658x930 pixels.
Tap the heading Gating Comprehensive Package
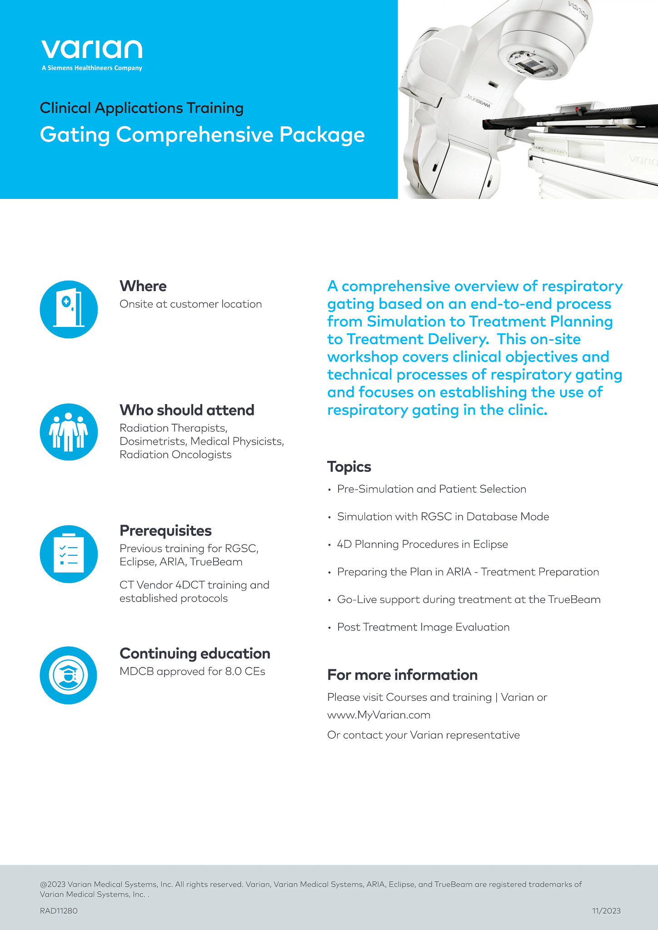pyautogui.click(x=202, y=135)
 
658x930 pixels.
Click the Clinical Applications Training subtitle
pyautogui.click(x=142, y=108)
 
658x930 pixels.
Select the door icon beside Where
pyautogui.click(x=69, y=309)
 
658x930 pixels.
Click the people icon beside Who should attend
pyautogui.click(x=69, y=432)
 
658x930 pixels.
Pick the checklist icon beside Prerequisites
pyautogui.click(x=69, y=554)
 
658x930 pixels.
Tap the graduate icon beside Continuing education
pyautogui.click(x=69, y=675)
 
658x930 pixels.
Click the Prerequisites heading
pyautogui.click(x=165, y=531)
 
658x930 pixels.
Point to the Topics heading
pyautogui.click(x=349, y=467)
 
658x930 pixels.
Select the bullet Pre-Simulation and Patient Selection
pyautogui.click(x=431, y=489)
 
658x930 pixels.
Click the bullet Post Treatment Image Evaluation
pyautogui.click(x=423, y=627)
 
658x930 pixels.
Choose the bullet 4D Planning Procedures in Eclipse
pyautogui.click(x=422, y=544)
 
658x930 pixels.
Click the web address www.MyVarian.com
pyautogui.click(x=379, y=715)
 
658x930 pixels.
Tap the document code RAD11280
pyautogui.click(x=59, y=910)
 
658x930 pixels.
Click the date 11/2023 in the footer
pyautogui.click(x=606, y=910)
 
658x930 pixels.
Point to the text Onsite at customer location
pyautogui.click(x=190, y=304)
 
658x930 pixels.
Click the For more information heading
pyautogui.click(x=402, y=675)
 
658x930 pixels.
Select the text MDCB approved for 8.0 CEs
pyautogui.click(x=192, y=672)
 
